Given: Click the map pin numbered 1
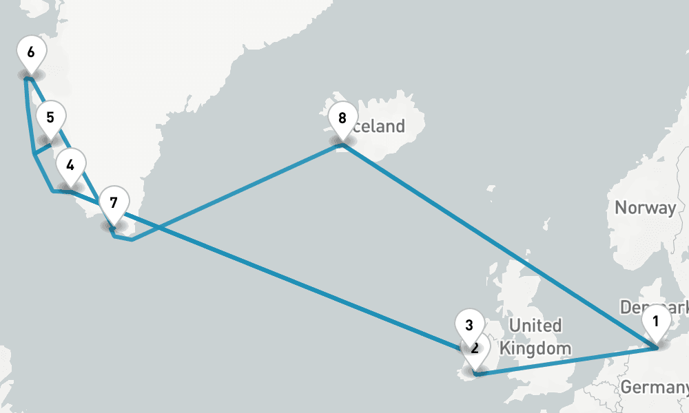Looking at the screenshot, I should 655,322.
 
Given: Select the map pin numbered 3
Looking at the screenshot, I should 469,325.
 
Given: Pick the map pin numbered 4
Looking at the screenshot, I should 70,166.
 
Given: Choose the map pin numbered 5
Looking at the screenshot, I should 50,118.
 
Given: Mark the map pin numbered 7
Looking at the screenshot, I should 114,204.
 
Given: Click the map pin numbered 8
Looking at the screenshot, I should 342,118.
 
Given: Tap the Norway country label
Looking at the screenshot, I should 645,208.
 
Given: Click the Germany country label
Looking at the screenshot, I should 654,388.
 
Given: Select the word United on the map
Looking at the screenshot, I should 534,326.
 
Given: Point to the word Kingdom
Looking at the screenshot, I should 535,348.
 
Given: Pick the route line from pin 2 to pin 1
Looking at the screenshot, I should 565,361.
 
